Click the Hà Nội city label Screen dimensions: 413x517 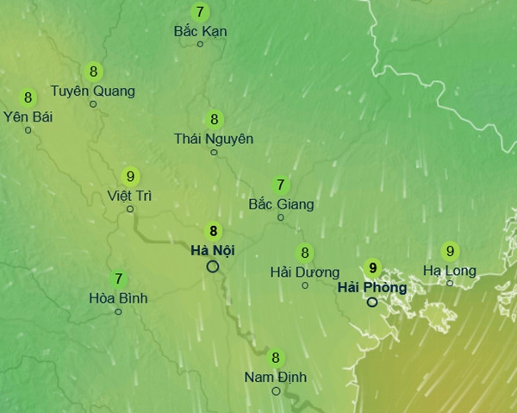click(212, 250)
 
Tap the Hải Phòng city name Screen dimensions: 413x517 click(372, 286)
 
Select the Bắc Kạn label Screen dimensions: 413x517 click(200, 31)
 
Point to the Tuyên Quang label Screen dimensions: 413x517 click(93, 90)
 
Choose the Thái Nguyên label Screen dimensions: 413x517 click(214, 138)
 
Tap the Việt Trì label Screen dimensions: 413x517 click(130, 195)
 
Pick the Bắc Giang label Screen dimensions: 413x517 click(280, 204)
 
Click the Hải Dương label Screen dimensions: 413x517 click(304, 272)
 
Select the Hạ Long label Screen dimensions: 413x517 click(449, 271)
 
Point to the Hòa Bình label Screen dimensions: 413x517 click(118, 298)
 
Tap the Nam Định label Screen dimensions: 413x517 click(276, 377)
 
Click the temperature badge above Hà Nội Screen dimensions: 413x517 click(213, 231)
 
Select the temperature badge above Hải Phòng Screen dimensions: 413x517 click(372, 268)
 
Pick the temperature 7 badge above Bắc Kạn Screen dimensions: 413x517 click(200, 12)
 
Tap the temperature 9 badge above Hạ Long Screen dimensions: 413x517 click(449, 252)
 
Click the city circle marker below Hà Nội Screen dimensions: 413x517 click(213, 266)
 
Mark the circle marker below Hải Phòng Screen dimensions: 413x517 click(372, 303)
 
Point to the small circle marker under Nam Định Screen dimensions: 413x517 click(276, 391)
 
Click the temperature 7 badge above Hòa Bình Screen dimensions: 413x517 click(118, 279)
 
